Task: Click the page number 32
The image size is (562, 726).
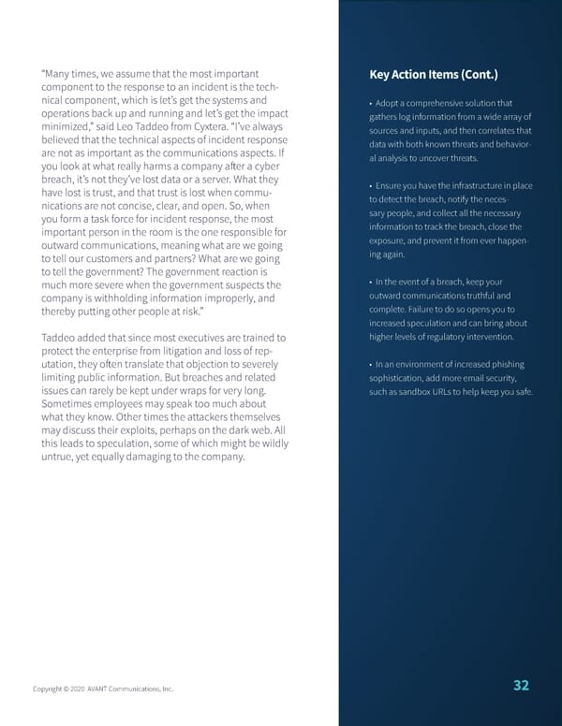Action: coord(522,685)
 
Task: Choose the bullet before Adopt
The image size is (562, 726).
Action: coord(373,103)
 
